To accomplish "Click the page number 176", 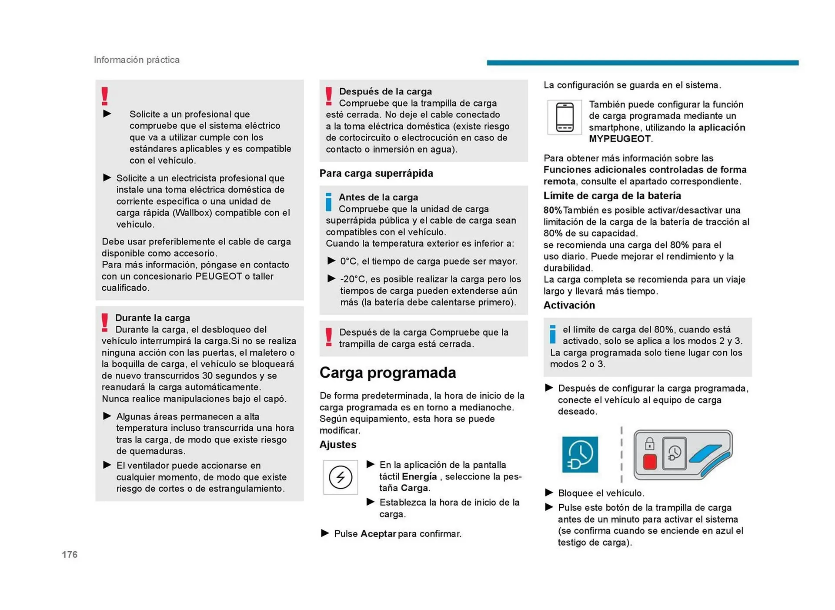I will pos(70,554).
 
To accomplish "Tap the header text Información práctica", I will pos(137,60).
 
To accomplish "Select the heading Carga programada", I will pos(387,373).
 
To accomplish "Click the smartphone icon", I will pos(564,117).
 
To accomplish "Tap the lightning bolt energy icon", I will pos(341,477).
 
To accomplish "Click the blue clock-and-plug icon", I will pos(580,455).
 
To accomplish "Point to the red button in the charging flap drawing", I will pos(650,462).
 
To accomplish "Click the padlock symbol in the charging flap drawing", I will pos(649,444).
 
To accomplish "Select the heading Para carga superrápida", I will pos(376,173).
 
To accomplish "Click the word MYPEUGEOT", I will pos(620,139).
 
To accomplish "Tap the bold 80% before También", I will pos(552,210).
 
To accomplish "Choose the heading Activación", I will pos(569,305).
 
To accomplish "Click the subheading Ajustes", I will pos(338,444).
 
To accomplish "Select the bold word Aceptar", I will pos(378,534).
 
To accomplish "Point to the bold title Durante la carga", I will pos(152,318).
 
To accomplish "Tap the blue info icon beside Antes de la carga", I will pos(329,202).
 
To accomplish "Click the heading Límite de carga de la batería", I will pos(612,195).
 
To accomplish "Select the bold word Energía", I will pos(419,476).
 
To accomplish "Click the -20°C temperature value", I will pos(352,279).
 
